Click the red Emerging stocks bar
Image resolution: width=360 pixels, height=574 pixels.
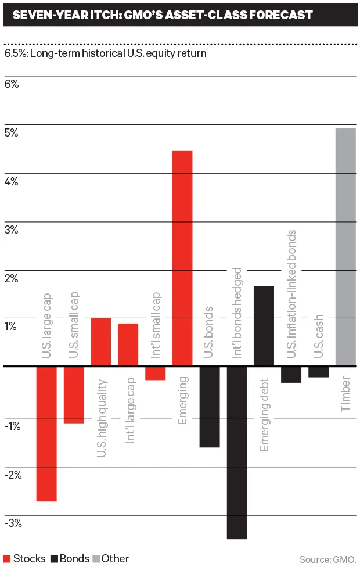[182, 259]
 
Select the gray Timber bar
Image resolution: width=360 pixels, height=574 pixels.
[345, 247]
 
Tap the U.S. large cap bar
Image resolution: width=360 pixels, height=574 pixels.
[46, 433]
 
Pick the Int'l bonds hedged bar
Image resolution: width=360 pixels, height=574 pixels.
[237, 453]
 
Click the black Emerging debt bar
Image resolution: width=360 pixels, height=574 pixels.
[264, 326]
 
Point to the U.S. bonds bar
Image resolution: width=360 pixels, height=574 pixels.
[210, 407]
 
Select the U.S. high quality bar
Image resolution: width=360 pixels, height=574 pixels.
[101, 342]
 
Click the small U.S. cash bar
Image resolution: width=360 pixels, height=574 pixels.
[318, 372]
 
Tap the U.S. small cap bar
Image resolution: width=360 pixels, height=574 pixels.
[74, 394]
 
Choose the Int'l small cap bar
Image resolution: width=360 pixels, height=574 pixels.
[155, 373]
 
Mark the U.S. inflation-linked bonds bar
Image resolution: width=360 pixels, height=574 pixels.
[291, 374]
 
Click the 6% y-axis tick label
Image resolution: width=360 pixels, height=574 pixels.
[12, 84]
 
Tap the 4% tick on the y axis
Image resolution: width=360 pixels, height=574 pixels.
[12, 181]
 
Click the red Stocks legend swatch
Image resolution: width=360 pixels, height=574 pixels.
[7, 559]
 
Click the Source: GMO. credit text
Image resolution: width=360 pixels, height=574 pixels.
[327, 559]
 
